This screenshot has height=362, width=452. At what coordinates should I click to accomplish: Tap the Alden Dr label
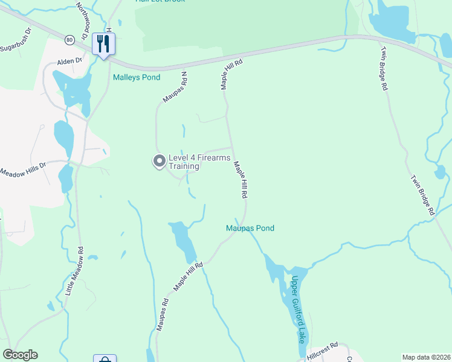coord(68,62)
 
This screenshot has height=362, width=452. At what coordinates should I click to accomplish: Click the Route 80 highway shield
coord(70,40)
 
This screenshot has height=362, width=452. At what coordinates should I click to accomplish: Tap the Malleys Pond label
coord(137,77)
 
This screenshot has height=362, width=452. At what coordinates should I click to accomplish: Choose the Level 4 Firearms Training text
coord(199,162)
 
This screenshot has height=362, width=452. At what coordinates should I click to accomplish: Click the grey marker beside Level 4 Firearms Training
coord(159,160)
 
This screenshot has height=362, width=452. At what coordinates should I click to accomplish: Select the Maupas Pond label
coord(250,228)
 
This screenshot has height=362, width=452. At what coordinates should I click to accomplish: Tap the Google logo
coord(20,355)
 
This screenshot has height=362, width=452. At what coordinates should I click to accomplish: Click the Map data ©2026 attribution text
coord(425,357)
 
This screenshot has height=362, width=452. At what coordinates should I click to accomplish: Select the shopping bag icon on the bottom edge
coord(105,359)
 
